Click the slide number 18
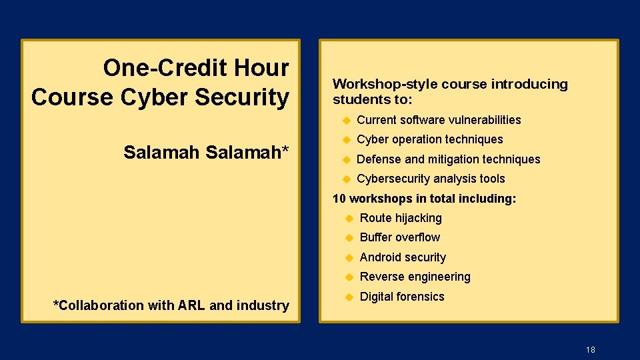tap(590, 349)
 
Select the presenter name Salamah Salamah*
tap(206, 153)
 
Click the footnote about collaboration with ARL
tap(171, 305)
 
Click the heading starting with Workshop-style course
tap(450, 92)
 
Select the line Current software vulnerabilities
tap(439, 120)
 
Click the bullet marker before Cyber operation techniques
tap(346, 139)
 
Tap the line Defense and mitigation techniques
tap(448, 159)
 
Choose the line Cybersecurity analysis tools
tap(431, 179)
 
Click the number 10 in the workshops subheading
tap(339, 199)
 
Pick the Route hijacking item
tap(401, 218)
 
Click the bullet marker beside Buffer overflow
tap(349, 237)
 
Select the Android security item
tap(403, 257)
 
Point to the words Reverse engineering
tap(415, 277)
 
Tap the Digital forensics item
tap(401, 297)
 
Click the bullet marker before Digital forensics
tap(349, 297)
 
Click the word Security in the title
tap(242, 97)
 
